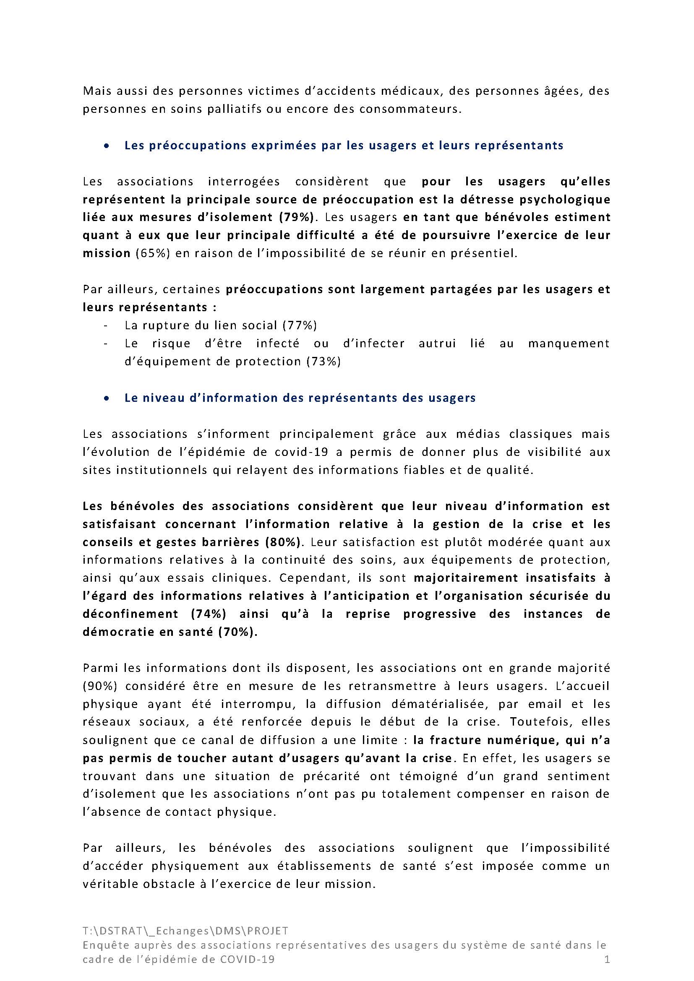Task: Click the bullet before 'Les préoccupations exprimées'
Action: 106,146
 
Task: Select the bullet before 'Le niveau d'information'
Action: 106,398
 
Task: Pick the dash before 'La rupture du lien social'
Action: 106,326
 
